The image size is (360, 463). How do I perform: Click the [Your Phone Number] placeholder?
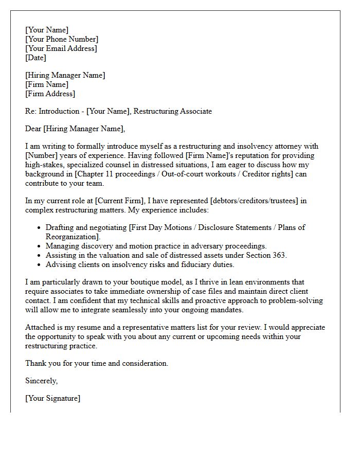pyautogui.click(x=62, y=39)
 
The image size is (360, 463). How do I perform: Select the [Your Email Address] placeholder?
pyautogui.click(x=61, y=48)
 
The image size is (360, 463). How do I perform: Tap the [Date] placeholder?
pyautogui.click(x=35, y=58)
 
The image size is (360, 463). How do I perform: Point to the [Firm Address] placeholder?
pyautogui.click(x=50, y=94)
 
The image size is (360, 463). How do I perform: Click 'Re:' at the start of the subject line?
pyautogui.click(x=31, y=111)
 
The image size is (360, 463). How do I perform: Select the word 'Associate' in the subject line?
pyautogui.click(x=195, y=111)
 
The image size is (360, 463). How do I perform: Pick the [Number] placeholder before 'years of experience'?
pyautogui.click(x=41, y=155)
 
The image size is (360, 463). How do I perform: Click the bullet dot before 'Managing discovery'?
pyautogui.click(x=40, y=246)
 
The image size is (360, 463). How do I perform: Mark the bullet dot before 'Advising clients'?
pyautogui.click(x=40, y=265)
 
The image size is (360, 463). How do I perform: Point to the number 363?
pyautogui.click(x=279, y=255)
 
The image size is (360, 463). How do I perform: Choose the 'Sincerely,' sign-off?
pyautogui.click(x=42, y=381)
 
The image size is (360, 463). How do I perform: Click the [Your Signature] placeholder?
pyautogui.click(x=52, y=398)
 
